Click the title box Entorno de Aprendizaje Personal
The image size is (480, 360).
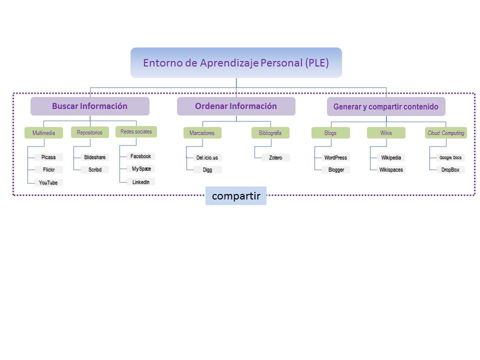[236, 63]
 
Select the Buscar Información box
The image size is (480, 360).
[90, 106]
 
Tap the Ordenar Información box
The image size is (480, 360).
[236, 106]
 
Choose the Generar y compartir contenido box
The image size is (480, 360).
[385, 106]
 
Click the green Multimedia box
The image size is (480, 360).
[44, 133]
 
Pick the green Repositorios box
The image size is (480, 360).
[89, 132]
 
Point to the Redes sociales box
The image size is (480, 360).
[136, 131]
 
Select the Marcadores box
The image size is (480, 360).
[202, 133]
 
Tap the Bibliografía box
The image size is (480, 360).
[270, 133]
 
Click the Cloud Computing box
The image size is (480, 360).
[446, 133]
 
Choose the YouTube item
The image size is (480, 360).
[48, 183]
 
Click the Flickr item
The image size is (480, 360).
[48, 170]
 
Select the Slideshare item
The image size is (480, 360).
[94, 157]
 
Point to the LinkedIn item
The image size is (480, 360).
[140, 182]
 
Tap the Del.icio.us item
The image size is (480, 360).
[207, 157]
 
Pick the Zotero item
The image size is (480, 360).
[275, 157]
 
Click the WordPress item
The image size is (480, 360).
[335, 157]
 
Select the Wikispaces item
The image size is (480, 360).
[391, 170]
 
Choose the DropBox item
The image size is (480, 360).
[450, 170]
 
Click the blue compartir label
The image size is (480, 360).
[236, 196]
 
